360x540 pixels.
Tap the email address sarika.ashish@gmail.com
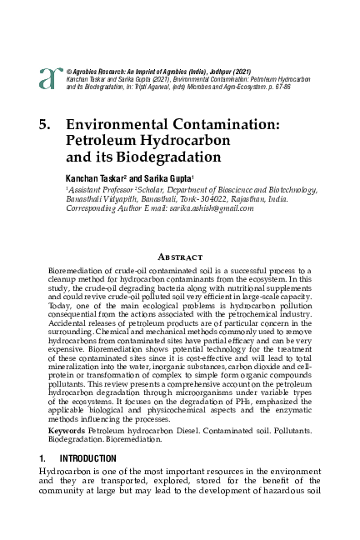(x=207, y=208)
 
